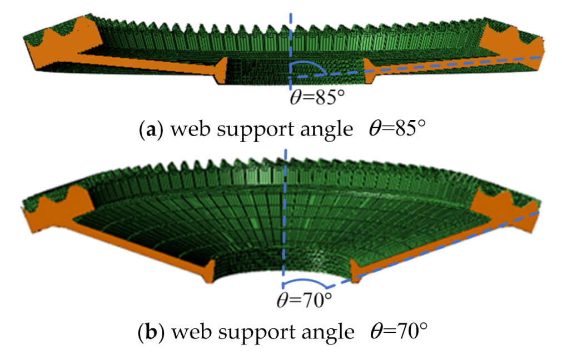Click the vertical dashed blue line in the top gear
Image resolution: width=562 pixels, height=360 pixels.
(x=290, y=39)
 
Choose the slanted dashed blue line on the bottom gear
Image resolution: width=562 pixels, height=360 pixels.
(x=445, y=244)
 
